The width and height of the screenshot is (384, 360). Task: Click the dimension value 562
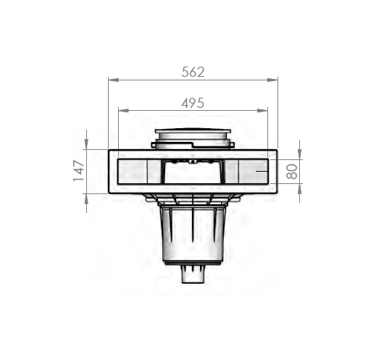pyautogui.click(x=193, y=72)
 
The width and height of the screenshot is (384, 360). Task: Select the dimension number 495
pyautogui.click(x=193, y=103)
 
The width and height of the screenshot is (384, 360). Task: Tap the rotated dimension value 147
pyautogui.click(x=79, y=171)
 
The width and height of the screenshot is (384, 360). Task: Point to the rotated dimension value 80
pyautogui.click(x=291, y=172)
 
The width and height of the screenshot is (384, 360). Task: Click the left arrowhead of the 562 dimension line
pyautogui.click(x=113, y=80)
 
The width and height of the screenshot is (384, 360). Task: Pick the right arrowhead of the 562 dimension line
pyautogui.click(x=272, y=80)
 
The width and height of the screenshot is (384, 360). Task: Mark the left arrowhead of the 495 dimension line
pyautogui.click(x=123, y=111)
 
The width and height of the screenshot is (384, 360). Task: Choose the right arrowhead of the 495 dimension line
pyautogui.click(x=262, y=111)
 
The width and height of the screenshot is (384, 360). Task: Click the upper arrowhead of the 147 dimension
pyautogui.click(x=86, y=144)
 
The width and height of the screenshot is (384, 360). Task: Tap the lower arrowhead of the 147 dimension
pyautogui.click(x=86, y=199)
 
